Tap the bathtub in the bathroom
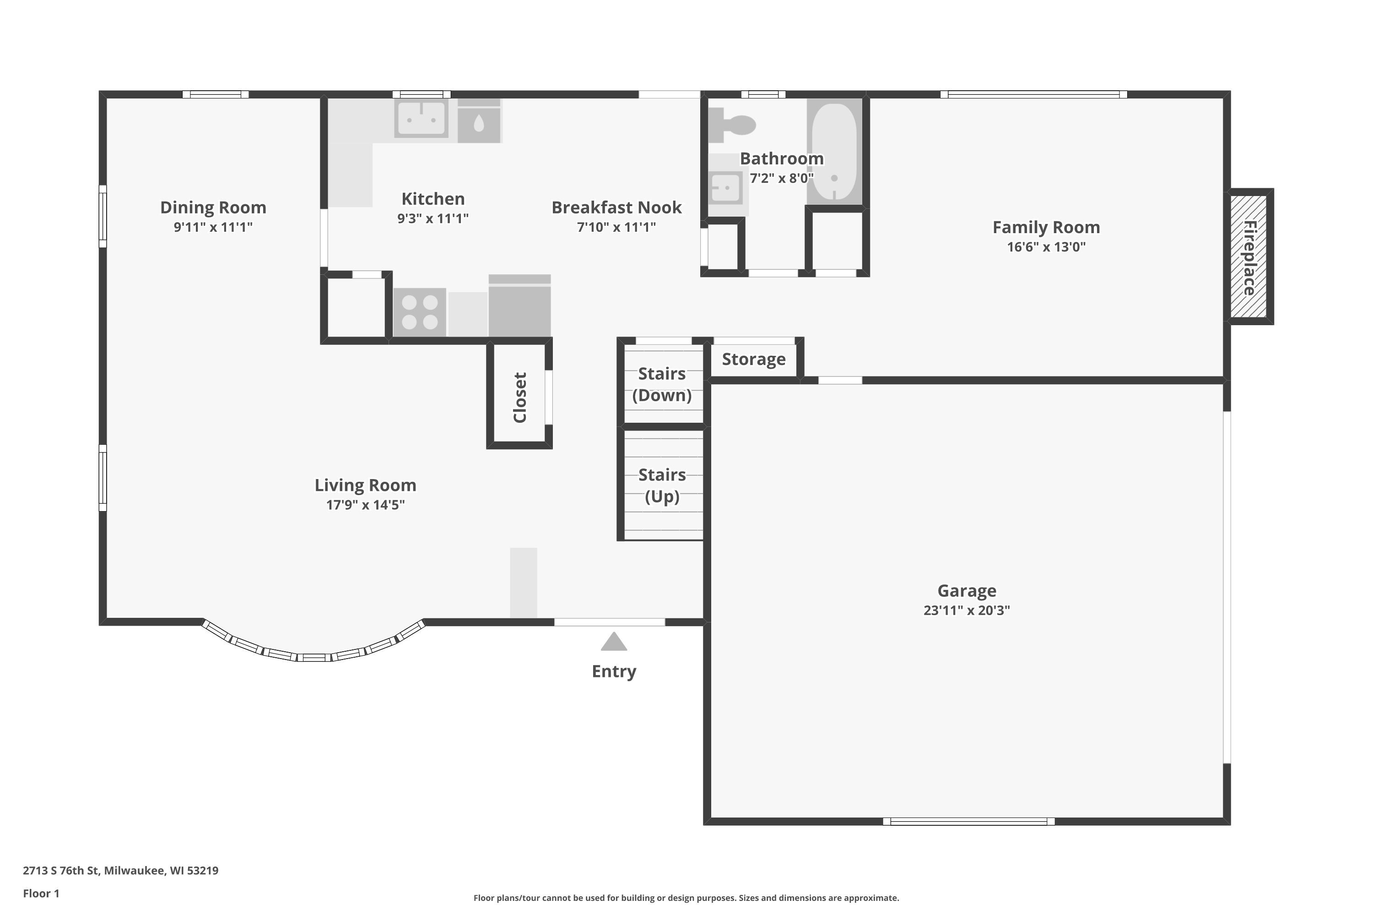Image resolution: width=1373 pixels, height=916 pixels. click(835, 151)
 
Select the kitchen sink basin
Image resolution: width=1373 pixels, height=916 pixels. click(422, 119)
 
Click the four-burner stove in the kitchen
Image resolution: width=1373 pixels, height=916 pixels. click(420, 312)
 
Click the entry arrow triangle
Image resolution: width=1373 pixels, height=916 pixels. click(614, 642)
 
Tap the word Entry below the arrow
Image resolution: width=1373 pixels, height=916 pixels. click(614, 671)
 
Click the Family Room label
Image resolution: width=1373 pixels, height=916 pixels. click(1046, 227)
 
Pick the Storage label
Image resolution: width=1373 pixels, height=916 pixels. click(754, 359)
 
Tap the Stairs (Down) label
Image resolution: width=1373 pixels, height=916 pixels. click(662, 384)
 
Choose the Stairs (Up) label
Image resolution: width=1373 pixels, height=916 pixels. click(662, 485)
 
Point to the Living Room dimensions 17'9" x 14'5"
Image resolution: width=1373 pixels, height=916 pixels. click(365, 505)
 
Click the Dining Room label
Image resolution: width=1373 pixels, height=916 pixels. click(213, 207)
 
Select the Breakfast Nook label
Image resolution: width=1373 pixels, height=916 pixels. click(616, 207)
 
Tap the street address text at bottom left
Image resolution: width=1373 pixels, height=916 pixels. click(121, 871)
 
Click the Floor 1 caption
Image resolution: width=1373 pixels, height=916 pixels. click(42, 893)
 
